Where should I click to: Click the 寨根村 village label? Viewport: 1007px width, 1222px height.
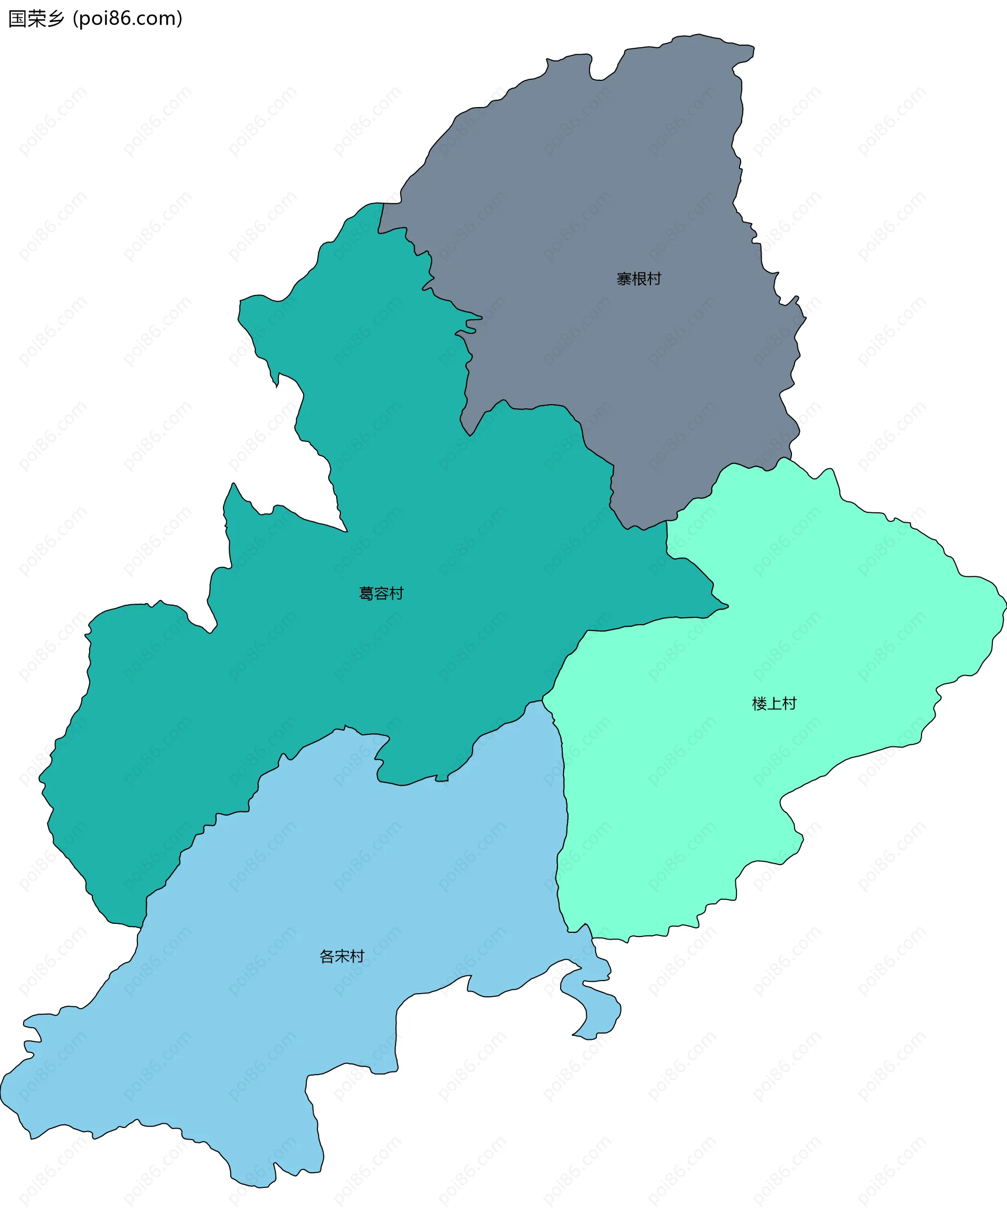pyautogui.click(x=639, y=279)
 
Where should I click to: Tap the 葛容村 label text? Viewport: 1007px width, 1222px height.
pyautogui.click(x=381, y=593)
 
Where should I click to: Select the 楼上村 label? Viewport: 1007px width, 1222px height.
pyautogui.click(x=774, y=703)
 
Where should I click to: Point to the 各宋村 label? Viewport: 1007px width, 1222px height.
pyautogui.click(x=341, y=956)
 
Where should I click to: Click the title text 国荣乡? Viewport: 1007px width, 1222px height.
pyautogui.click(x=36, y=18)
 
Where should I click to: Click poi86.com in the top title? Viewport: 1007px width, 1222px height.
pyautogui.click(x=128, y=18)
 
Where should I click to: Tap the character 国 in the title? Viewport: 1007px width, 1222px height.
pyautogui.click(x=17, y=18)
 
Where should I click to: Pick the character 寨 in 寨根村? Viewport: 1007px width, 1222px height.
pyautogui.click(x=624, y=279)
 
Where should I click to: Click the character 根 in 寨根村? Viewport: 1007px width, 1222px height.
pyautogui.click(x=639, y=279)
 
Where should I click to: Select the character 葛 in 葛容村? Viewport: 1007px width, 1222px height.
pyautogui.click(x=367, y=593)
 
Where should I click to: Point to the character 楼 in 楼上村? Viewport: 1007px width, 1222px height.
pyautogui.click(x=759, y=703)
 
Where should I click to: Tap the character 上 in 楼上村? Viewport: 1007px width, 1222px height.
pyautogui.click(x=774, y=703)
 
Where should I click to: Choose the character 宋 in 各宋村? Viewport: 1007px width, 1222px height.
pyautogui.click(x=341, y=956)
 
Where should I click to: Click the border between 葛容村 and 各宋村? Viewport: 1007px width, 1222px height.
pyautogui.click(x=302, y=749)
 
